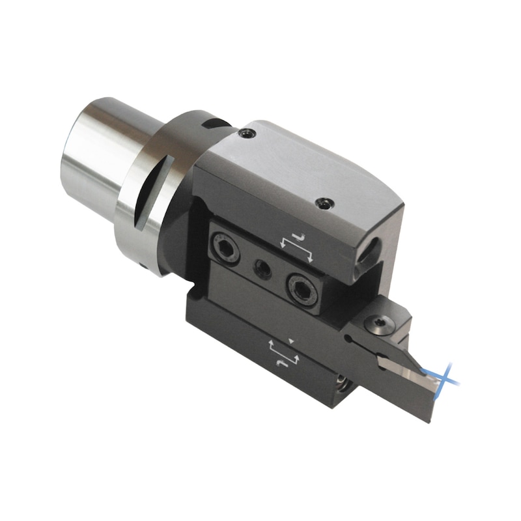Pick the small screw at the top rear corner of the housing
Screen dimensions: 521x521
pyautogui.click(x=246, y=134)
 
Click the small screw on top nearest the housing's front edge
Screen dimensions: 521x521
pyautogui.click(x=321, y=204)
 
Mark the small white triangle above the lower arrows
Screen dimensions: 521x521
pyautogui.click(x=292, y=341)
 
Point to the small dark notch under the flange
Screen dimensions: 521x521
pyautogui.click(x=143, y=265)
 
